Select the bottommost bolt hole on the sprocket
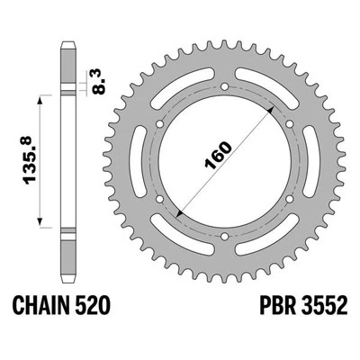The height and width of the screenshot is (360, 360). pyautogui.click(x=221, y=238)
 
